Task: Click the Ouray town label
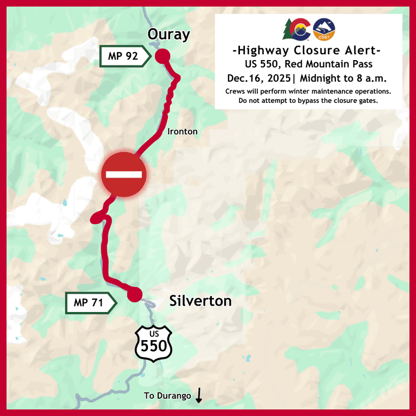[x=168, y=35]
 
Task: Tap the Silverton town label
[x=200, y=301]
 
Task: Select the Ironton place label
[x=183, y=132]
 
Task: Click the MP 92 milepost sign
[x=123, y=56]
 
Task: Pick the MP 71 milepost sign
[x=89, y=303]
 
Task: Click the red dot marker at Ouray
[x=162, y=56]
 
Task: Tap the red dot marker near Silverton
[x=134, y=294]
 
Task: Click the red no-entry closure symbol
[x=124, y=174]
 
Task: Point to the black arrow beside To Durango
[x=199, y=396]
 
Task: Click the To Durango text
[x=167, y=396]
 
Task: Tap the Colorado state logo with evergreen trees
[x=296, y=29]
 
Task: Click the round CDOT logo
[x=324, y=30]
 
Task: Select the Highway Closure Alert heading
[x=307, y=51]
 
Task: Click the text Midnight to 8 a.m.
[x=343, y=78]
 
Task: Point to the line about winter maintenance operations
[x=308, y=91]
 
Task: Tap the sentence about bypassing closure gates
[x=308, y=101]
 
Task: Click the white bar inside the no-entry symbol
[x=124, y=174]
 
